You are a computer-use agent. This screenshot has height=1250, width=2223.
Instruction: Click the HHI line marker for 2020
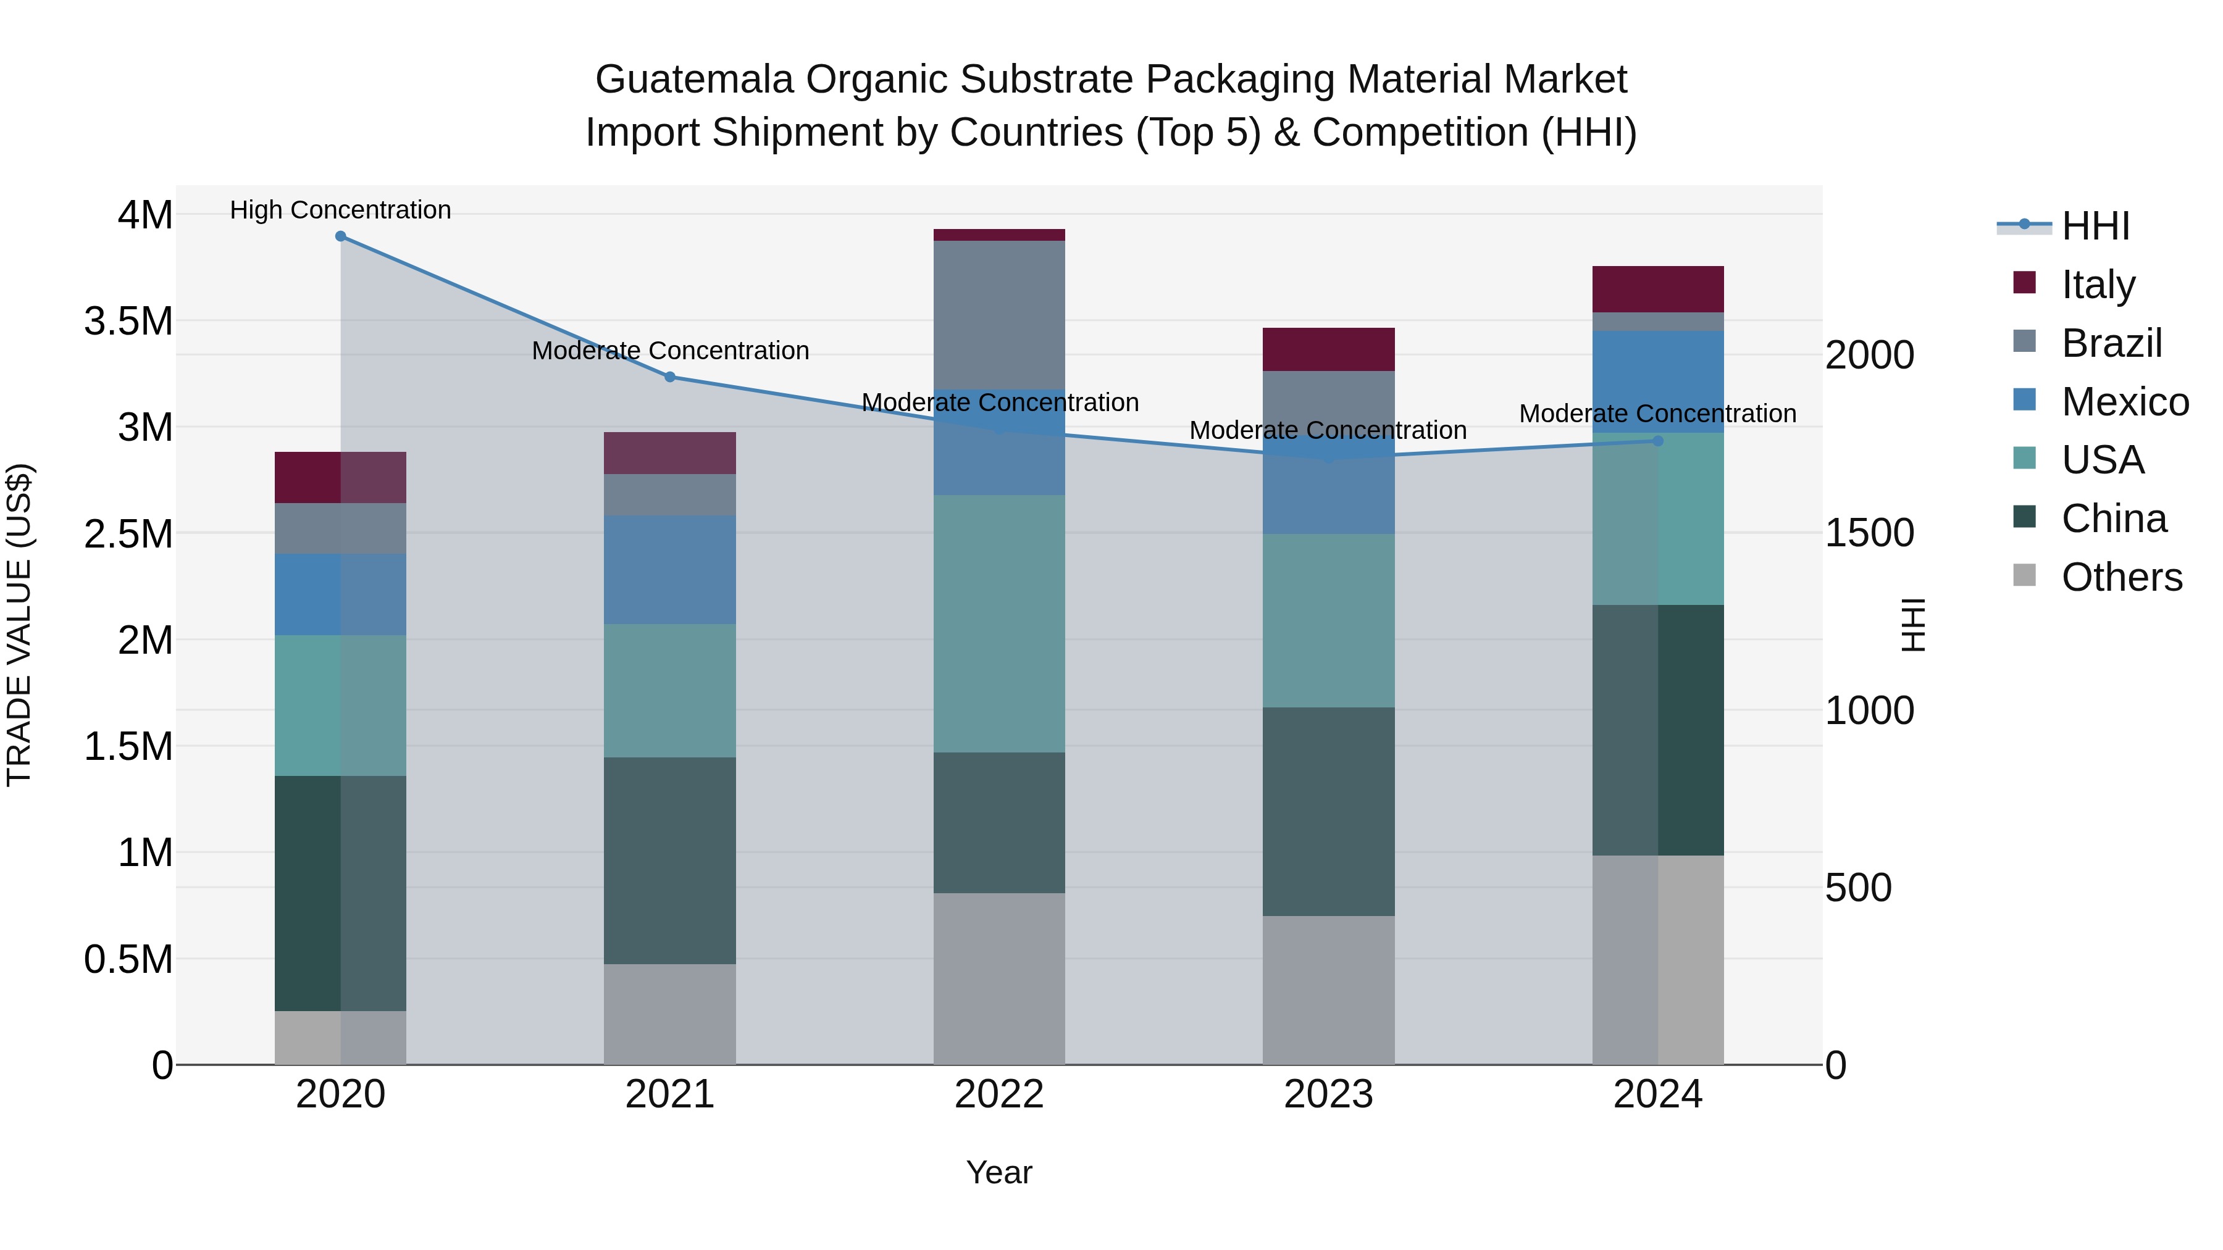pyautogui.click(x=340, y=236)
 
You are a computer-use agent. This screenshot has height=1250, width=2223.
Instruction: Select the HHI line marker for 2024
pyautogui.click(x=1658, y=441)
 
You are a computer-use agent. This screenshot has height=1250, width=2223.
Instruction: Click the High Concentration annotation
pyautogui.click(x=340, y=210)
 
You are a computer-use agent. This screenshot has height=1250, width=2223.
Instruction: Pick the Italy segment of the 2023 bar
pyautogui.click(x=1328, y=349)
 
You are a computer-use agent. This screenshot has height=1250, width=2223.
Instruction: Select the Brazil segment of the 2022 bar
pyautogui.click(x=998, y=315)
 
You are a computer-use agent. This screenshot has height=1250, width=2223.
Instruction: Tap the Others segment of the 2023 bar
pyautogui.click(x=1328, y=990)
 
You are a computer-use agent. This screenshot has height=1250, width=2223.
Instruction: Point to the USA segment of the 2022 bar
pyautogui.click(x=998, y=623)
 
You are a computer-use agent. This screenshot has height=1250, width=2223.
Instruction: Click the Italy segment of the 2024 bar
pyautogui.click(x=1658, y=289)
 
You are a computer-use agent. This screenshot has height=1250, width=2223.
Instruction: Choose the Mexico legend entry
pyautogui.click(x=2124, y=401)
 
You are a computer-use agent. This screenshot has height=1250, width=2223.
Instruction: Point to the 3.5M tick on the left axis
pyautogui.click(x=128, y=321)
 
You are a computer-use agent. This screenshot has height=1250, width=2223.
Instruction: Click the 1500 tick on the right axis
pyautogui.click(x=1869, y=533)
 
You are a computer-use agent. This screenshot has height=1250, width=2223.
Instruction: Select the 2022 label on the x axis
pyautogui.click(x=998, y=1094)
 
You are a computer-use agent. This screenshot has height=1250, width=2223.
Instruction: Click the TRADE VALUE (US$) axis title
pyautogui.click(x=19, y=625)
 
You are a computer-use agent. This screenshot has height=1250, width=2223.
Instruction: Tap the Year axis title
pyautogui.click(x=998, y=1172)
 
